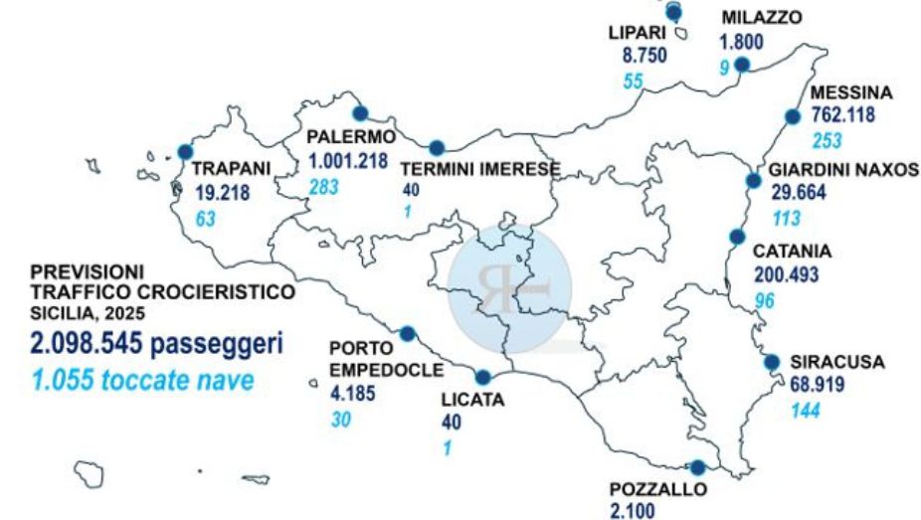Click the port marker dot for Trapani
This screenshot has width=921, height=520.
click(185, 152)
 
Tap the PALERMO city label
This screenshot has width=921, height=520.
click(351, 136)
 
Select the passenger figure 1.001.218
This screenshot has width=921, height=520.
click(347, 161)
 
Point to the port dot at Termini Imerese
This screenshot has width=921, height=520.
click(436, 148)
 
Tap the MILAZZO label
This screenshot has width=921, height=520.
click(761, 18)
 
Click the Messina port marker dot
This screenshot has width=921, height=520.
click(793, 116)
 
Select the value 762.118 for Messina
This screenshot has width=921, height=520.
click(843, 114)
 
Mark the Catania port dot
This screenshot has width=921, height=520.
click(737, 237)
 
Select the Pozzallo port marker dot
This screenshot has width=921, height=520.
click(697, 467)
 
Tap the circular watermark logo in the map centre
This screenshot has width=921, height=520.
click(509, 282)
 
